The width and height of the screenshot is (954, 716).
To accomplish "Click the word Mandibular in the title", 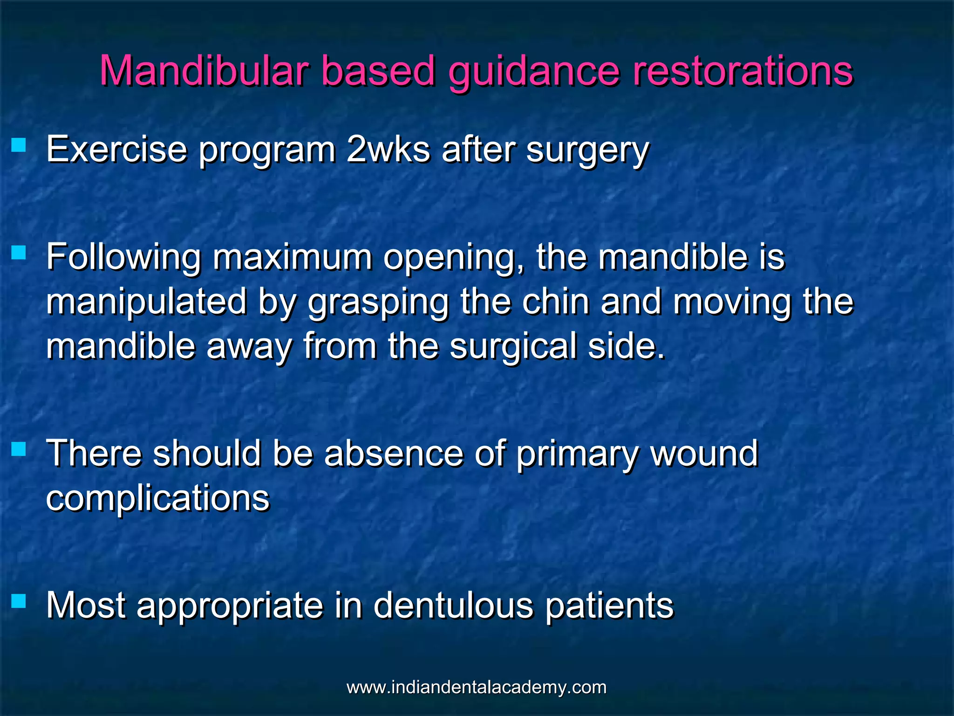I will click(x=204, y=71).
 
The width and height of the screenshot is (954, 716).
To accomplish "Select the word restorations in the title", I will click(x=743, y=71).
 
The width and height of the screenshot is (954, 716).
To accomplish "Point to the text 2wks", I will click(x=388, y=150).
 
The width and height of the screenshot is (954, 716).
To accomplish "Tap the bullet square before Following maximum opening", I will click(x=19, y=253).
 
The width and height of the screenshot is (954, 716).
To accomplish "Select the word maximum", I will click(x=292, y=257).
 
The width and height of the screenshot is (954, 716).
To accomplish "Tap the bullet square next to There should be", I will click(x=19, y=449).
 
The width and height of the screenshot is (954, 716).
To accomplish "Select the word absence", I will click(x=394, y=454).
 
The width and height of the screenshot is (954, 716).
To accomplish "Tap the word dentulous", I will click(x=453, y=606).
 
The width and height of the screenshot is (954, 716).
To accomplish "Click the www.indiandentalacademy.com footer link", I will click(x=477, y=687).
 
